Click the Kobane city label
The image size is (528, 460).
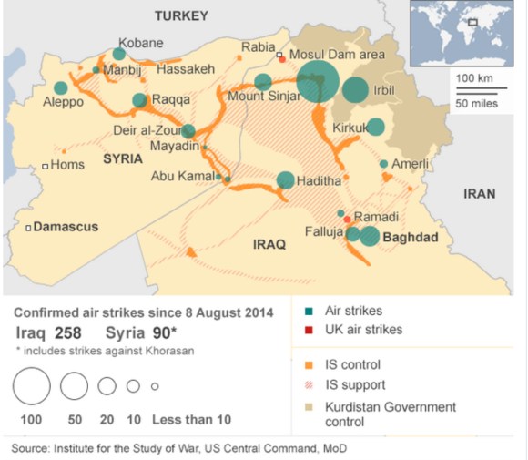click(142, 43)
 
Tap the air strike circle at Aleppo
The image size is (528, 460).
click(60, 88)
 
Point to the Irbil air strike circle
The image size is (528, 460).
click(356, 90)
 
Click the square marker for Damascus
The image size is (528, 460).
click(28, 226)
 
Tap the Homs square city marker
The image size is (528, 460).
click(45, 165)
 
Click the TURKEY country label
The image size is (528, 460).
click(181, 15)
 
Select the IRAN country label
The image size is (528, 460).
click(479, 194)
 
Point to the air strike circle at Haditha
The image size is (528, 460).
click(286, 180)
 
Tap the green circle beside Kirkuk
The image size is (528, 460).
click(375, 128)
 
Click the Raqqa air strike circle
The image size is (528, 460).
click(139, 101)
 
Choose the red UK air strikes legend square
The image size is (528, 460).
click(308, 330)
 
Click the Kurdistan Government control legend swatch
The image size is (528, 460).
click(308, 407)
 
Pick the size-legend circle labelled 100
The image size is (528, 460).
click(32, 387)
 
